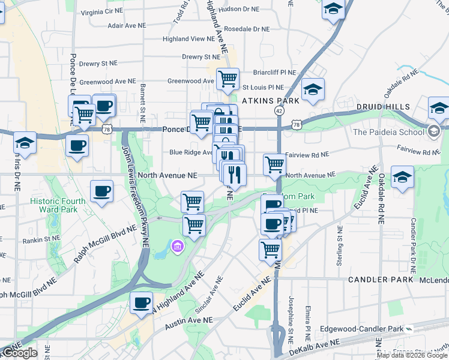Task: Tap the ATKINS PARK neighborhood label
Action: point(271,101)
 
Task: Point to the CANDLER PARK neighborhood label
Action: point(381,280)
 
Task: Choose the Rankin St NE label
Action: point(42,239)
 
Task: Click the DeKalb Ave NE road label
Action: point(314,347)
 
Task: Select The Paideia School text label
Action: point(389,132)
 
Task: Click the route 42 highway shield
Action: point(280,111)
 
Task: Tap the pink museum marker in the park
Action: point(177,246)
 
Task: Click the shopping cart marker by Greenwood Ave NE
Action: point(228,78)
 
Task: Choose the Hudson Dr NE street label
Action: point(240,10)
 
